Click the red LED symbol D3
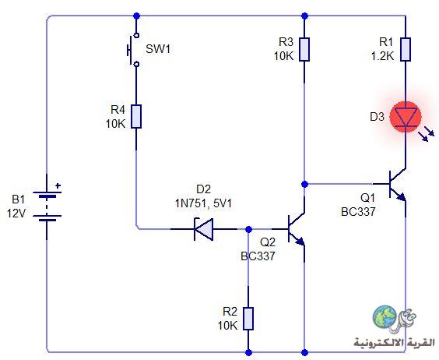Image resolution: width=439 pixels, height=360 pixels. click(x=406, y=117)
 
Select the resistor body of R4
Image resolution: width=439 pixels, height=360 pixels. click(x=136, y=116)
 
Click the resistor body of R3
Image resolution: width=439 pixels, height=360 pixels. click(x=304, y=49)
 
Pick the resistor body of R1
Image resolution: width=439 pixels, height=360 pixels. click(x=406, y=49)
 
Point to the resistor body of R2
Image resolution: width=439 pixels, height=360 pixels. click(x=248, y=319)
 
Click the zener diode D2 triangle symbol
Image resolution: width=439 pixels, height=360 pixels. click(x=203, y=229)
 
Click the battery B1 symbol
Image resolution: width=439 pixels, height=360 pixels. click(x=47, y=206)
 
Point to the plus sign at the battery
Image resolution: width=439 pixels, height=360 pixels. click(x=58, y=185)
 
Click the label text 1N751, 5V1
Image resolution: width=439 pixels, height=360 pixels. click(x=203, y=203)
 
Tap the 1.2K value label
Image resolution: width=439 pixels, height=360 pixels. click(x=382, y=56)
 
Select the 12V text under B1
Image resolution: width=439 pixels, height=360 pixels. click(x=16, y=214)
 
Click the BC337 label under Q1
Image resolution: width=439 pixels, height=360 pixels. click(x=358, y=212)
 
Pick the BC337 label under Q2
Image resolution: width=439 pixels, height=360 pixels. click(x=258, y=256)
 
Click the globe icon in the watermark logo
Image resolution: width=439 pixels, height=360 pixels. click(x=385, y=317)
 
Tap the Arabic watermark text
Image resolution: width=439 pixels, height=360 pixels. click(x=395, y=342)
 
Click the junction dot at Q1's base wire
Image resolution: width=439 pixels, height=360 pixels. click(x=304, y=184)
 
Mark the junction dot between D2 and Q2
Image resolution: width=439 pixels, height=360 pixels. click(x=248, y=229)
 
